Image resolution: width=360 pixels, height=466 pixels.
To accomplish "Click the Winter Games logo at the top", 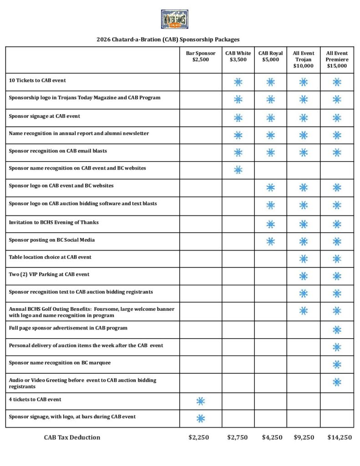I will coord(175,20).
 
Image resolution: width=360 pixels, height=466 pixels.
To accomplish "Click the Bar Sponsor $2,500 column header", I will coord(201,56).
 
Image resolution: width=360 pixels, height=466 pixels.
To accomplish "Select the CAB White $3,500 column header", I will coord(238,56).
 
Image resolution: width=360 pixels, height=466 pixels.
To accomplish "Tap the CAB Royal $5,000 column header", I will coord(270,56).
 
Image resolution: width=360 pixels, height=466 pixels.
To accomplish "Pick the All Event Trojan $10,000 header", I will coord(303,60).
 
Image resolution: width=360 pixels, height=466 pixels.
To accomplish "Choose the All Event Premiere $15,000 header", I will coord(337,60).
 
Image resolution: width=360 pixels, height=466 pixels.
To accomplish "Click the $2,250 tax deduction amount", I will coord(199,437).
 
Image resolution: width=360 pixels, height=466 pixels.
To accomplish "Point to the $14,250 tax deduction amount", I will coord(340,437).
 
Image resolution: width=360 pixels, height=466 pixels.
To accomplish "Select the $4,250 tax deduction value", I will coord(272,437).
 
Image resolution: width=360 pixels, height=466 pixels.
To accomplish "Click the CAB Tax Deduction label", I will coord(72,437).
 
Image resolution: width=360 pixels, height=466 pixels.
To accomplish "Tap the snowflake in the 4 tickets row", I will coord(201,401).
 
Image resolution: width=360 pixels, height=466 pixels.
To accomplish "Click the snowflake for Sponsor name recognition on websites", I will coord(238,170).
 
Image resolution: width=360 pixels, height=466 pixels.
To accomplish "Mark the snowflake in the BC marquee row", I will coord(337,365).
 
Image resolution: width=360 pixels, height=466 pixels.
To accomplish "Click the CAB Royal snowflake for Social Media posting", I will coord(270,241).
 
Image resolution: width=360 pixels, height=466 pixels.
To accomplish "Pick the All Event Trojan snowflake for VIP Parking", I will coord(304,276).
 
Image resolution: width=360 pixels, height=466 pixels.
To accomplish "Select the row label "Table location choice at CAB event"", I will coord(50,257).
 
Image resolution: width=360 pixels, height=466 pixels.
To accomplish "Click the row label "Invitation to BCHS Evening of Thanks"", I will coord(54,222).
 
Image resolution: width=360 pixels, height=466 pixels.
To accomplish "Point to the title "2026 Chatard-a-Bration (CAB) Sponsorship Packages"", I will coord(168,40).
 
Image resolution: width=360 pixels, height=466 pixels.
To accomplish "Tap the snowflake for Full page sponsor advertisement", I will coord(337,329).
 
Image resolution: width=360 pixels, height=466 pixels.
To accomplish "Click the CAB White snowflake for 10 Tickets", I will coord(238,82).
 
